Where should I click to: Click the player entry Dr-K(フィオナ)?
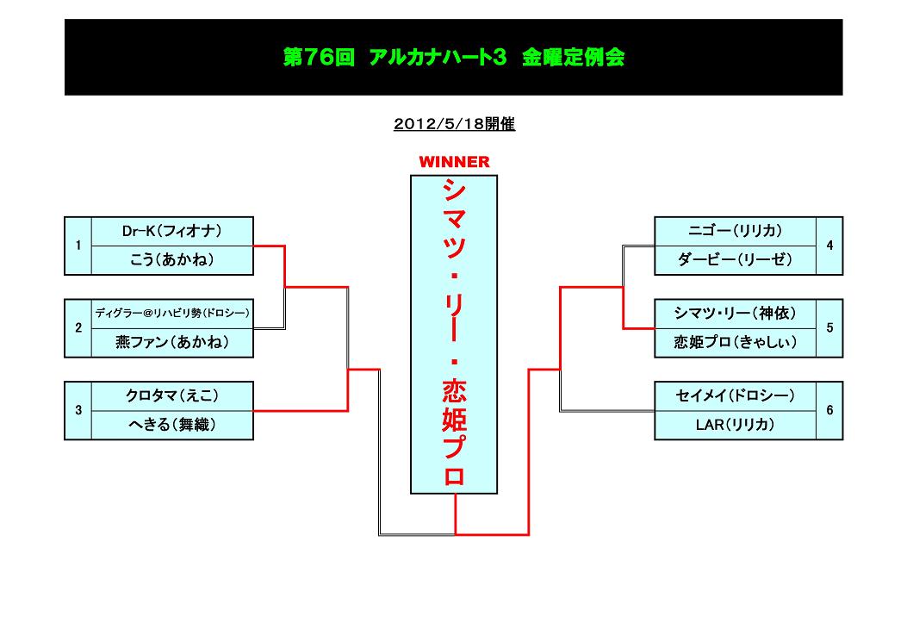[x=172, y=231]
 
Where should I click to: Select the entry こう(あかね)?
[x=172, y=260]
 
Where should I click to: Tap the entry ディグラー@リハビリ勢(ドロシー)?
[x=172, y=313]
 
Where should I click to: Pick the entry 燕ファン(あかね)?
[x=172, y=342]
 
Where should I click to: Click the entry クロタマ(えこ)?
[x=172, y=395]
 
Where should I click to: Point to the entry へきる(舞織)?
[x=172, y=425]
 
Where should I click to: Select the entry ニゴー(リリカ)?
[x=735, y=231]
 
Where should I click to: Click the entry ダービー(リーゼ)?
[x=735, y=260]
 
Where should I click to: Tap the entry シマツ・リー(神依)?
[x=735, y=313]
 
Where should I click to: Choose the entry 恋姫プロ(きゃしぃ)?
[x=735, y=342]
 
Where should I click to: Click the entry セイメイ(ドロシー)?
[x=735, y=395]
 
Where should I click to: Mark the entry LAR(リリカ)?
[x=735, y=425]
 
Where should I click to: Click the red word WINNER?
[x=454, y=162]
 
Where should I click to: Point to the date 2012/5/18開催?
[x=454, y=124]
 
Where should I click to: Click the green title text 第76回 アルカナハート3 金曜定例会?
[x=454, y=58]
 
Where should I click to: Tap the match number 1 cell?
[x=78, y=246]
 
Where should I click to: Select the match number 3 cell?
[x=78, y=410]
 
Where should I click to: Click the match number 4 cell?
[x=829, y=246]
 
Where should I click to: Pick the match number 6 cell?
[x=829, y=410]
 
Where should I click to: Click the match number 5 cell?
[x=829, y=327]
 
